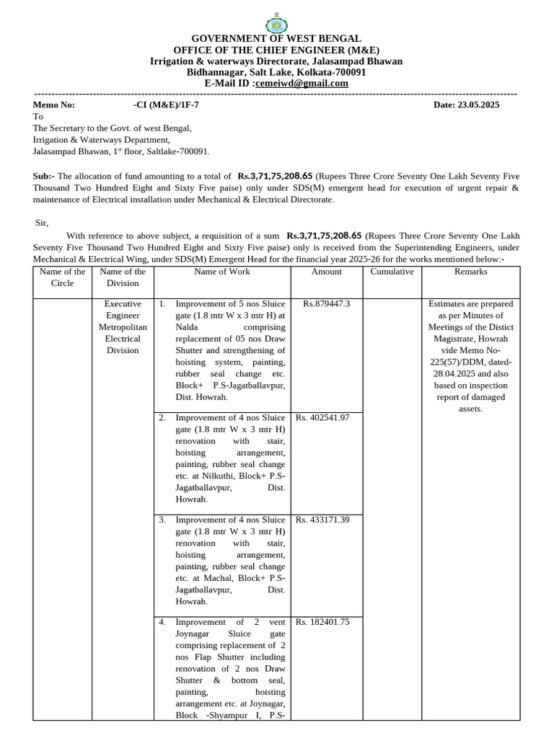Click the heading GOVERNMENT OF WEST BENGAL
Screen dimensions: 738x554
(x=276, y=38)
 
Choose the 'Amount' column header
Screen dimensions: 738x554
(x=326, y=272)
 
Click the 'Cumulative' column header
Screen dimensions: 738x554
(x=392, y=272)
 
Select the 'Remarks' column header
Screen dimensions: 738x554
(x=470, y=272)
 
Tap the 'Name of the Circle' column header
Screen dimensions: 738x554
(x=62, y=277)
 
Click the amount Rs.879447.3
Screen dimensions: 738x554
(x=327, y=304)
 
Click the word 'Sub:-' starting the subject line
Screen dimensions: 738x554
(x=43, y=176)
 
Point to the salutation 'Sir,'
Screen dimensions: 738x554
(x=43, y=223)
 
